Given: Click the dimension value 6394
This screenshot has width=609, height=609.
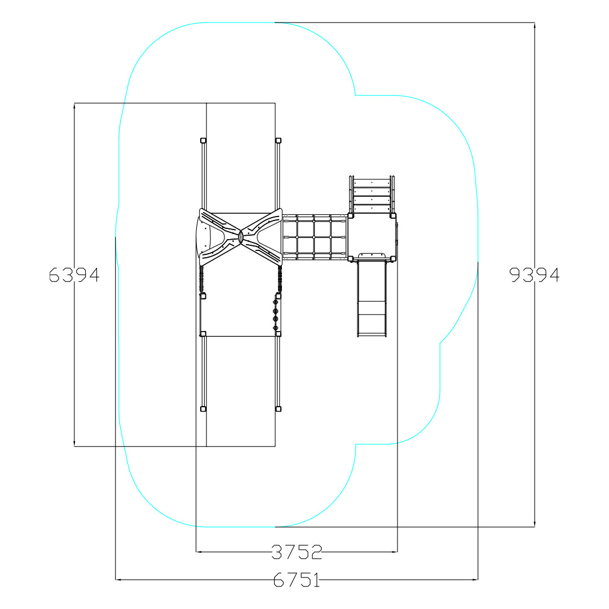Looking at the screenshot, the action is coord(74,275).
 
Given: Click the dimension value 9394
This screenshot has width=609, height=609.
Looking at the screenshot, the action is coord(535,275).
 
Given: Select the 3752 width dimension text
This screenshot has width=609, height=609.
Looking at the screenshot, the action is coord(297,552).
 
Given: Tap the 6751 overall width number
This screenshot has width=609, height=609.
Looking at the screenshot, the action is coord(297,580).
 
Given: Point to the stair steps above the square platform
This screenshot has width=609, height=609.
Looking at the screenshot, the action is coord(372,194).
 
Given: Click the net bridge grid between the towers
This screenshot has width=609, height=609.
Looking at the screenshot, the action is coord(315,237).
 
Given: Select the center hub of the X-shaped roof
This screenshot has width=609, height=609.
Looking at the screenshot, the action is coord(240,236).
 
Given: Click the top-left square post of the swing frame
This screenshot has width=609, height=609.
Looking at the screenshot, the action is coord(203,140).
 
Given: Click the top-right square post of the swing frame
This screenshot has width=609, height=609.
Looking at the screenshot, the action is coord(278,140).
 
